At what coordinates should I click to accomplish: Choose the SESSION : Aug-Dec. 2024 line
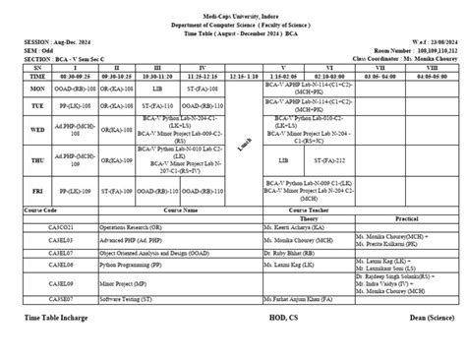click(57, 42)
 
